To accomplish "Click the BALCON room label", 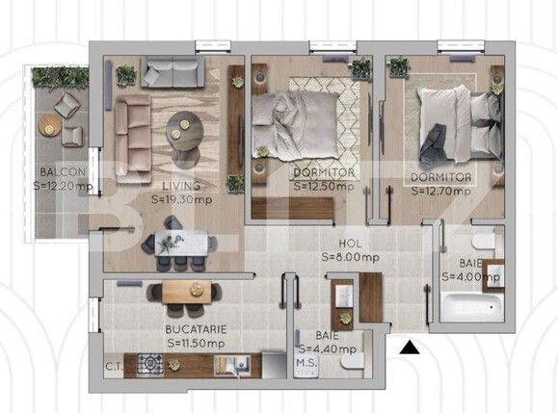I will tap(56, 173).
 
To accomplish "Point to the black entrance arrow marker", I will tap(411, 348).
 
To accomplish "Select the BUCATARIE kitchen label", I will tap(197, 328).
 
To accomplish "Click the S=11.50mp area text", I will tap(197, 342).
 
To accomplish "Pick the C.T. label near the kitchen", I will tap(114, 366).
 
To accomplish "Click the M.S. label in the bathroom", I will tap(306, 363).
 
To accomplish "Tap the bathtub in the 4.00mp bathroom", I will tap(471, 309).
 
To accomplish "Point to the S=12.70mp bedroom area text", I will tap(440, 191).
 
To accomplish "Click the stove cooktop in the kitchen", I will tap(150, 364).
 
